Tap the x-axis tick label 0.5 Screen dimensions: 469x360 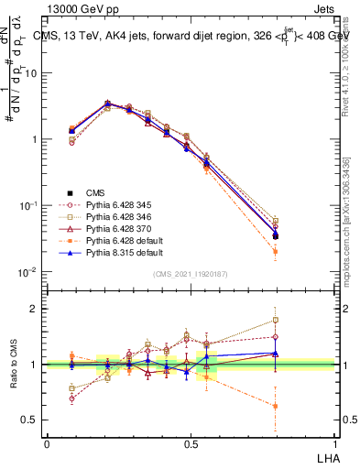(190, 443)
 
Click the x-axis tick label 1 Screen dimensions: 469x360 (333, 443)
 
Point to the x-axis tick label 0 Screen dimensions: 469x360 (47, 443)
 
